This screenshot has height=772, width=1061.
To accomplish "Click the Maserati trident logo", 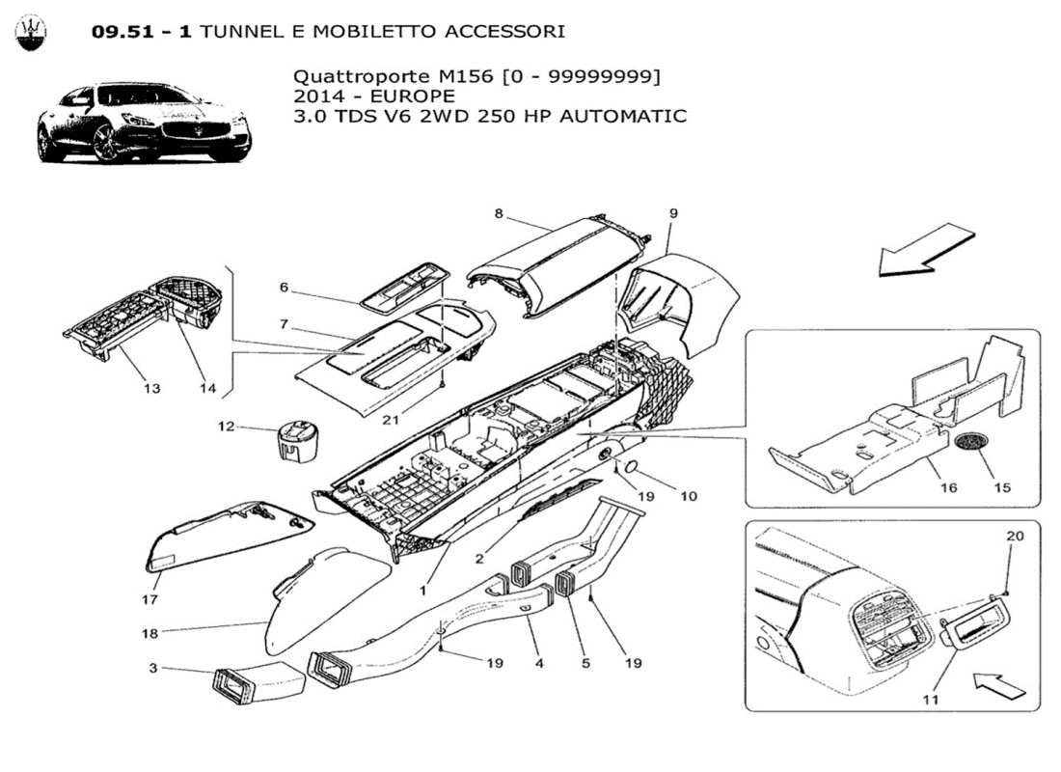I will point(32,33).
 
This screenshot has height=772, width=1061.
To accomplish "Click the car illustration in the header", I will point(144,124).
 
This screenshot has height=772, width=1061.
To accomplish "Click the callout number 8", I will point(499,213).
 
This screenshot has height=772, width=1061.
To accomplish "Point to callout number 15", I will point(1002,487).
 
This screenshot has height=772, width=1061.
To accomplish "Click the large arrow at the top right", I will point(926,249).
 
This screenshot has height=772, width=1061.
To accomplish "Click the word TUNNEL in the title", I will point(246,32).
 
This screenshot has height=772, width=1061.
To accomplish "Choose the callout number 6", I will point(285,287).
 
